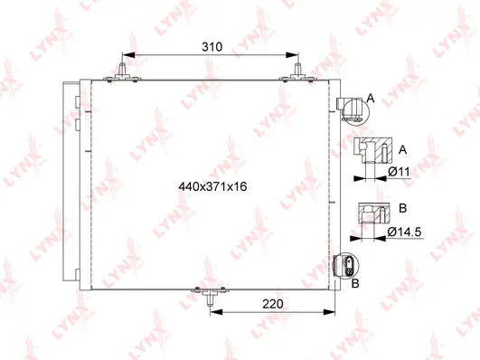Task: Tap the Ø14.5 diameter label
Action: click(408, 232)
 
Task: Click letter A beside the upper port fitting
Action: click(369, 97)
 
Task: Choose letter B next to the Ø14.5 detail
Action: click(402, 208)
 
